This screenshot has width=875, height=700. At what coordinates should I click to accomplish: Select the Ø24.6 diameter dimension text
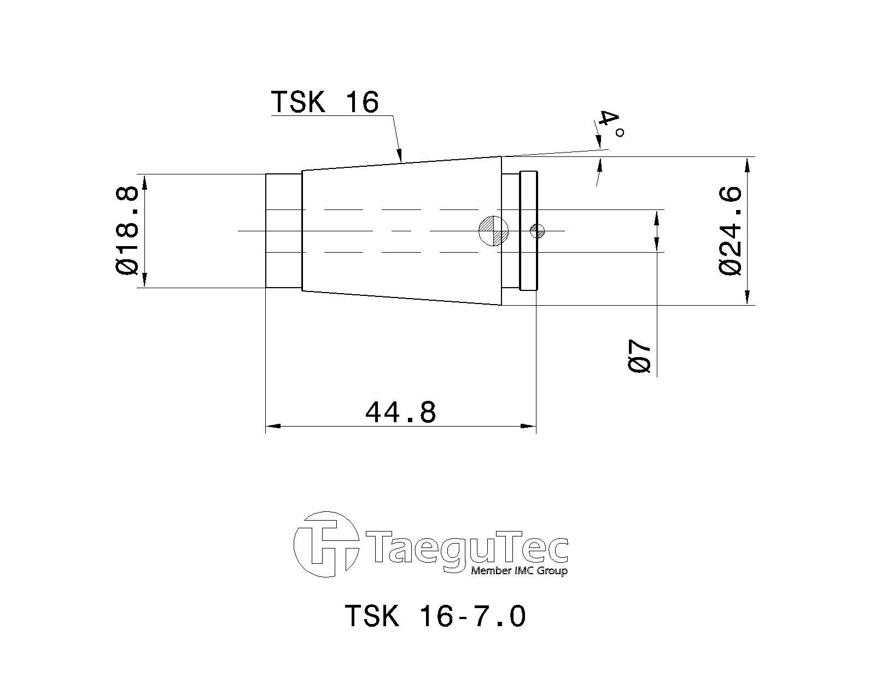(x=730, y=231)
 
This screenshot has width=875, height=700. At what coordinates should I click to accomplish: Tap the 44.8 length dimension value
(x=400, y=412)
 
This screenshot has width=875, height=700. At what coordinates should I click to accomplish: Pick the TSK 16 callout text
(x=325, y=102)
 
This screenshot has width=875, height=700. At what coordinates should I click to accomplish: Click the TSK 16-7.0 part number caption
(x=435, y=616)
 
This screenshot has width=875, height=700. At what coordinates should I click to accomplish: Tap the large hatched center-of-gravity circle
(x=494, y=231)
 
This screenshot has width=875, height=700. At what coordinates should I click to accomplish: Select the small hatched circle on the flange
(x=537, y=231)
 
